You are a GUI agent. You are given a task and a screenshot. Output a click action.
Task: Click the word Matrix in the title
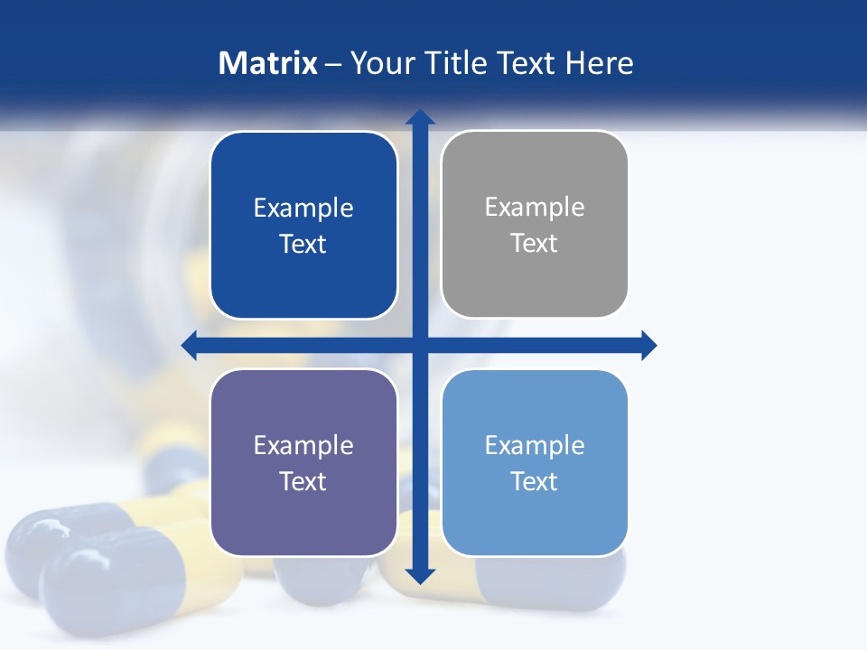coord(267,63)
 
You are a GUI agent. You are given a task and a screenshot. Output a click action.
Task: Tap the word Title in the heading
coord(456,63)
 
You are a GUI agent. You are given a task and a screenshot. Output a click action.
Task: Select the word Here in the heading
coord(599,63)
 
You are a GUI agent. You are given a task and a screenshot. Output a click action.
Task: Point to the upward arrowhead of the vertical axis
coord(420,116)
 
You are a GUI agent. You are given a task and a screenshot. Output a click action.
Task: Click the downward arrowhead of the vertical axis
coord(420,576)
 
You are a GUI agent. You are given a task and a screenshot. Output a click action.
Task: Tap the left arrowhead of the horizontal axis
coord(190,346)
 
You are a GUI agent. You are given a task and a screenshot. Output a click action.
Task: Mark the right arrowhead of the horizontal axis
coord(648,346)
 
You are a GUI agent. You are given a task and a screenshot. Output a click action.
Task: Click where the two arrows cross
coord(420,346)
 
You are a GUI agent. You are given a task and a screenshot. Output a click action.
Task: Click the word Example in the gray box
coord(535,207)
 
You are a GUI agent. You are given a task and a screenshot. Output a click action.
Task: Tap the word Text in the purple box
coord(303,481)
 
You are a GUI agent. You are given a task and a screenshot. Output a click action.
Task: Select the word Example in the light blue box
coord(535,445)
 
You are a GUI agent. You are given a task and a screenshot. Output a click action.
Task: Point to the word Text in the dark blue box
coord(303,244)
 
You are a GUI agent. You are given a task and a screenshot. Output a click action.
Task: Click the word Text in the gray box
coord(534,243)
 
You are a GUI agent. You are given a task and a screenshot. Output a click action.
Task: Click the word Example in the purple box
coord(303,445)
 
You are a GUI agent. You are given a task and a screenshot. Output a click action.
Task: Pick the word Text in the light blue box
coord(534,481)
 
